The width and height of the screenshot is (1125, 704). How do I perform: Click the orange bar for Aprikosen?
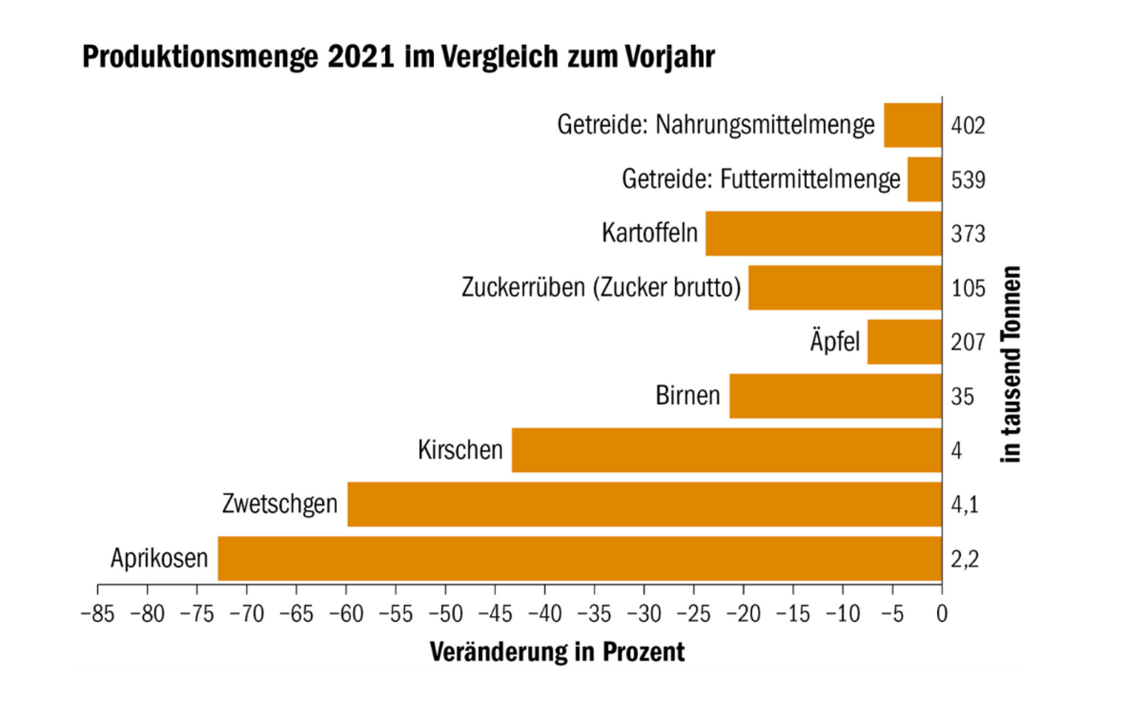(579, 559)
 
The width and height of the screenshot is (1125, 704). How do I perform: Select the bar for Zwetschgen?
(643, 504)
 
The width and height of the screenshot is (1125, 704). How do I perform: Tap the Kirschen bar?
(726, 450)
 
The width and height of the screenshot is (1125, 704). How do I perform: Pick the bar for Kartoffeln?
(823, 233)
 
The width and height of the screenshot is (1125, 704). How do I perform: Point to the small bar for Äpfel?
(904, 342)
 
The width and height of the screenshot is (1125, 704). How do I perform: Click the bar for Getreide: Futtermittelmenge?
(924, 179)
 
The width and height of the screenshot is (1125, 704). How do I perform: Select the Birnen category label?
(688, 395)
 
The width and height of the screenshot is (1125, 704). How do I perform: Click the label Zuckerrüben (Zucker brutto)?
(601, 287)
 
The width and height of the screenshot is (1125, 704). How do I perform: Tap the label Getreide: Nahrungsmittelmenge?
(716, 125)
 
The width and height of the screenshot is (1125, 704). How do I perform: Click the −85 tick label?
(98, 614)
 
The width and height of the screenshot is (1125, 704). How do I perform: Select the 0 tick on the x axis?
(942, 614)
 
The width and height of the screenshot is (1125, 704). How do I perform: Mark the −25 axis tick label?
(693, 614)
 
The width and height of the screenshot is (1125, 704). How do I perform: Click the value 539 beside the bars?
(967, 179)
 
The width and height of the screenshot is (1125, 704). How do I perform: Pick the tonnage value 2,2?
(964, 559)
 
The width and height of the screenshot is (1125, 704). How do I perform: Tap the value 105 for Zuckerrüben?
(967, 288)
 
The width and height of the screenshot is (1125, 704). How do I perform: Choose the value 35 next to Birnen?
(962, 396)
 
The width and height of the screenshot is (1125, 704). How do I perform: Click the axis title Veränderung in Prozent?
(557, 652)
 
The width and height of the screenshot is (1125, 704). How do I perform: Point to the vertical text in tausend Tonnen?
(1011, 364)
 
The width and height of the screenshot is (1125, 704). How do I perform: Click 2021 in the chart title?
(361, 57)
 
